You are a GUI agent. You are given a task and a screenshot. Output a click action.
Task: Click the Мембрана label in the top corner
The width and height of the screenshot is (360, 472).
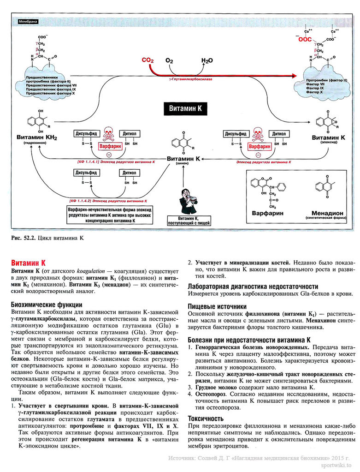click(27, 21)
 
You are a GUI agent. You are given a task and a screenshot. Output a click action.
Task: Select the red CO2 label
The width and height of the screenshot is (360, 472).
click(148, 60)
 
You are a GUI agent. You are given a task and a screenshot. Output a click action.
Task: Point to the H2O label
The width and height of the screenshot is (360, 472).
click(207, 60)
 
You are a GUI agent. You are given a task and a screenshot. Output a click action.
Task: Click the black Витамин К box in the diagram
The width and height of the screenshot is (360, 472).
click(186, 108)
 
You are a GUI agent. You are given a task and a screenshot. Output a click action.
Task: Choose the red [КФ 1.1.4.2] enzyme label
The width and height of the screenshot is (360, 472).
click(107, 202)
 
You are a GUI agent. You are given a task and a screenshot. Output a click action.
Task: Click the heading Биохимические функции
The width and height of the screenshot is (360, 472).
click(47, 305)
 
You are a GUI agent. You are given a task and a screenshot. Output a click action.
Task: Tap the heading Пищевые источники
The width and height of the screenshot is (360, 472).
click(217, 306)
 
